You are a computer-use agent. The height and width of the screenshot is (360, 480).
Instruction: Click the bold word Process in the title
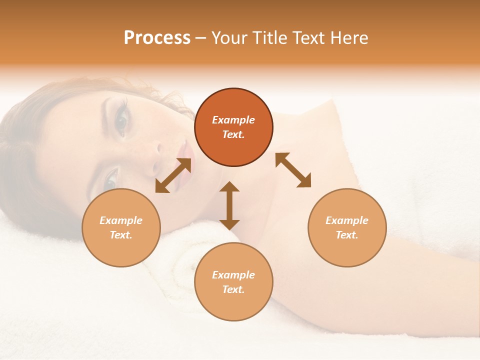[157, 38]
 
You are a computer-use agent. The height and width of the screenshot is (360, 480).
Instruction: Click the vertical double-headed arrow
[229, 205]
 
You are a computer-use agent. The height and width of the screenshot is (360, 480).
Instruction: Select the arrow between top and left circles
[173, 175]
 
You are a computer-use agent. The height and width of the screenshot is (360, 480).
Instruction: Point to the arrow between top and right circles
[293, 170]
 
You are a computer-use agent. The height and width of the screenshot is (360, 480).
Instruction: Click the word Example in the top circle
[233, 120]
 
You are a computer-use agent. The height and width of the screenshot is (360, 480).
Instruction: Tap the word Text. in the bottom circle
[233, 289]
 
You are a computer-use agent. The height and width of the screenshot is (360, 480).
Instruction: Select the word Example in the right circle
[347, 220]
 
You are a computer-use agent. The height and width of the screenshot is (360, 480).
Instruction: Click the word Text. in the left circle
[121, 235]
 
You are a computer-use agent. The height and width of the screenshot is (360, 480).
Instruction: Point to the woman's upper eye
[121, 120]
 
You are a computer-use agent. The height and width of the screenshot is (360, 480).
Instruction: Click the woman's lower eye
[110, 179]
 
